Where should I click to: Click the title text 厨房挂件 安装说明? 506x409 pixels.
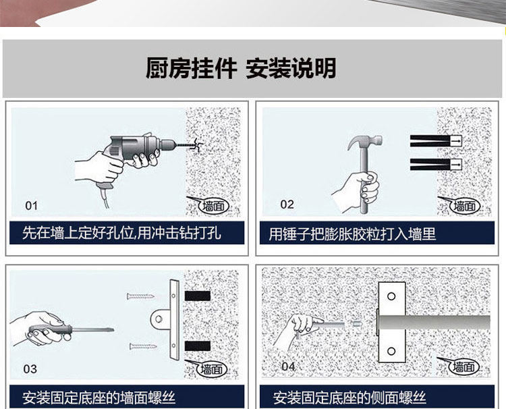241,68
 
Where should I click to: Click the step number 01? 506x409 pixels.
32,205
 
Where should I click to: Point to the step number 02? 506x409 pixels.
287,204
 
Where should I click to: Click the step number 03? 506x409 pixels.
30,369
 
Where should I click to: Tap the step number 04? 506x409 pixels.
288,366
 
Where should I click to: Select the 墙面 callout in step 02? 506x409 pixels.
465,205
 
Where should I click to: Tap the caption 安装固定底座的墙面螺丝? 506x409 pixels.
99,398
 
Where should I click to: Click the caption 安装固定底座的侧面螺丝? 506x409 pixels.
349,398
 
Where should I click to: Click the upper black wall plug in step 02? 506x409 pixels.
435,140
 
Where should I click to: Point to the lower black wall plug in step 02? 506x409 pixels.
435,163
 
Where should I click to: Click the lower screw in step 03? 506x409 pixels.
144,346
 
